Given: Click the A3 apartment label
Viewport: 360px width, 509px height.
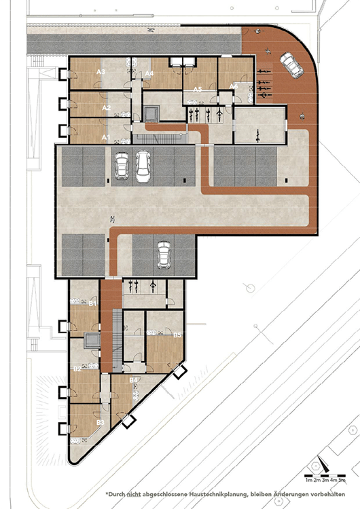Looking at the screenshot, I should coord(101,71).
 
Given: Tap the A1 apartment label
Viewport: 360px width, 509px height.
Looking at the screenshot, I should coord(105,136).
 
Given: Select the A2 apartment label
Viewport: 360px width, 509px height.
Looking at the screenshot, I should coord(105,107).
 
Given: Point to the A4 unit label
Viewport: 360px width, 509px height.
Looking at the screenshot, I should coord(149,73).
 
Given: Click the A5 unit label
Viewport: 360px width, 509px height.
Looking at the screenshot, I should coord(197,89).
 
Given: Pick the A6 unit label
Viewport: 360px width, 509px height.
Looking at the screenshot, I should coord(233,86).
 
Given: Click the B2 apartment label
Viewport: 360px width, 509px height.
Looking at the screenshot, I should coord(77,369).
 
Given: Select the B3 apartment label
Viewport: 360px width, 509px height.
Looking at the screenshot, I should coord(100,421).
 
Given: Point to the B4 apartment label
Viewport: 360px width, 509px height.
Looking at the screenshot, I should coord(134,379).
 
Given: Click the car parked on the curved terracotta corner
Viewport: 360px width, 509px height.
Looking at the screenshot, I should coord(291,66).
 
